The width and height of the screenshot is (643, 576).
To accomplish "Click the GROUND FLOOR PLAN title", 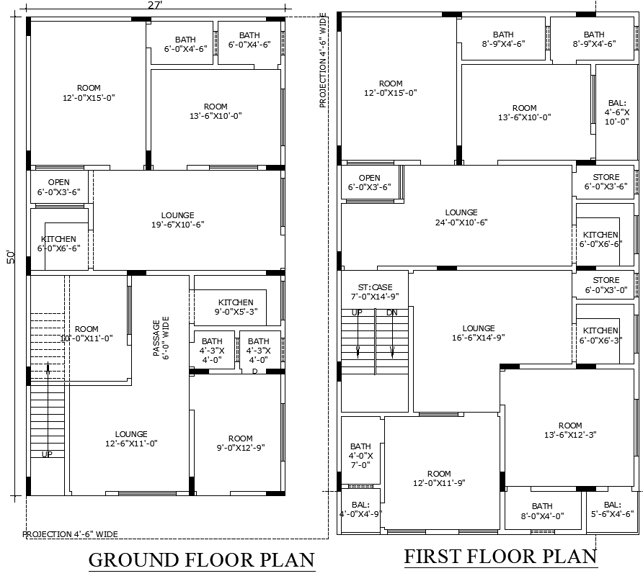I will coord(201,559).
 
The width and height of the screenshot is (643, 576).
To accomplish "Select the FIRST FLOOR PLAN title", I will coord(500,556).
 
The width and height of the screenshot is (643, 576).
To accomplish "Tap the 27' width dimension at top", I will coord(155,5).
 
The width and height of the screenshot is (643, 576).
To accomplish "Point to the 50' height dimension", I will coord(10,257).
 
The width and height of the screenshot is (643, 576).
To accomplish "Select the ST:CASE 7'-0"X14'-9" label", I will coord(374,292).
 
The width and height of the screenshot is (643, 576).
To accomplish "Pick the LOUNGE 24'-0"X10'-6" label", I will coord(461,217).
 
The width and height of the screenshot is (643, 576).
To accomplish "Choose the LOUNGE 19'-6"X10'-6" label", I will coord(177,220).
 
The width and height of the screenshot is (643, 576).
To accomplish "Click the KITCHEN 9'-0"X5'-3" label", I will coord(236,307).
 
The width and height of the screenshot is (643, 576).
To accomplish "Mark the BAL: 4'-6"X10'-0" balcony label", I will coord(617,112).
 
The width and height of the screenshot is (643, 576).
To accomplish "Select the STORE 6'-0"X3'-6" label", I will coord(606,181).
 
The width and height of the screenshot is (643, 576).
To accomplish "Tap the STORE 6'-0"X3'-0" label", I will coord(606,285).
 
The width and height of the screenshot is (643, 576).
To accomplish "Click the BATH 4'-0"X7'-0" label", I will coord(360,456).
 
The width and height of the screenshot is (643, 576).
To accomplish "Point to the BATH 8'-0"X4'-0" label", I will coord(542,511).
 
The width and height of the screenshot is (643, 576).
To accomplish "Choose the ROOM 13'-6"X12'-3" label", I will coord(569,430).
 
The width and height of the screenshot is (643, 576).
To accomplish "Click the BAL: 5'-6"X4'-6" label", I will coord(612,510).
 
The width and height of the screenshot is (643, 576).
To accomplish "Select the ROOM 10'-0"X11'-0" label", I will coord(87,333).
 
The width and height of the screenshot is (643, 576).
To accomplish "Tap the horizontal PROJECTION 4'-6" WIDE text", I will coord(70,534).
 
